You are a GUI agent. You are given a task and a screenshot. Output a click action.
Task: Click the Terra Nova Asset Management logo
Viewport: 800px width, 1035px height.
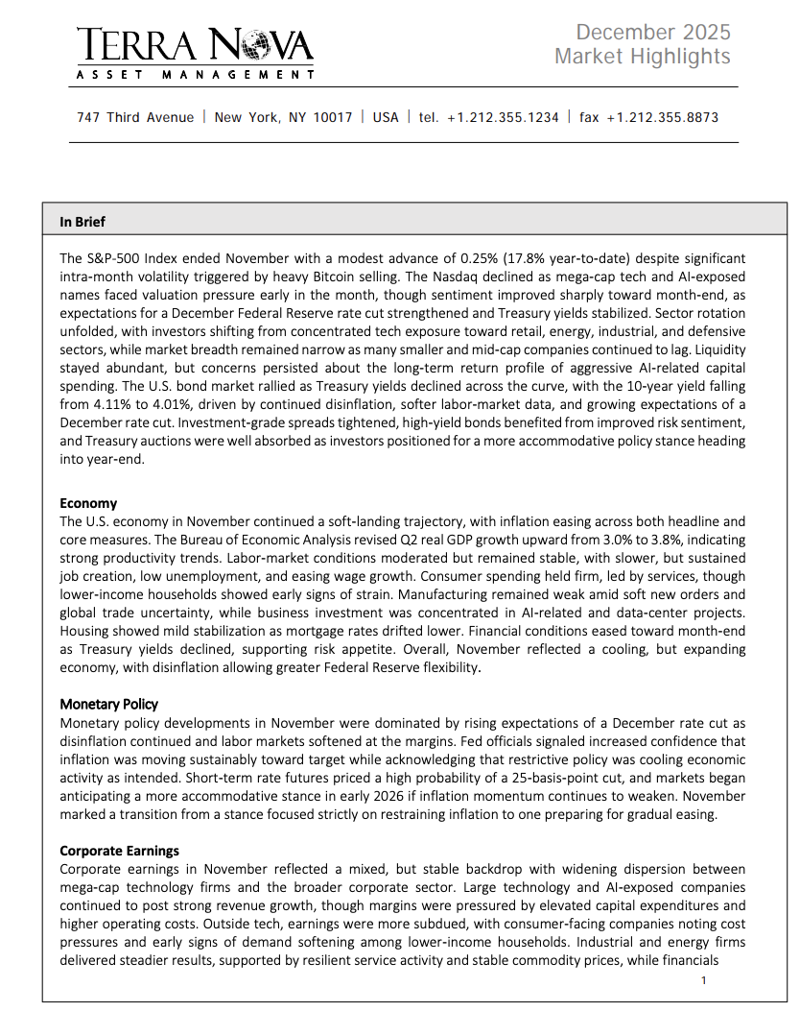click(x=195, y=53)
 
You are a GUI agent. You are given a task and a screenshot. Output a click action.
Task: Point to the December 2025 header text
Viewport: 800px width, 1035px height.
click(x=653, y=33)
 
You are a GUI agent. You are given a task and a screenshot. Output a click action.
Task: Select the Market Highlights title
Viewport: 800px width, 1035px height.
click(x=642, y=57)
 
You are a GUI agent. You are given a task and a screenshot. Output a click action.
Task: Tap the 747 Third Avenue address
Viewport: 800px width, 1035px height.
click(x=134, y=117)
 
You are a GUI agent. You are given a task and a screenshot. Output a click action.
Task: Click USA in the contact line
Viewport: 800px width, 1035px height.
click(x=386, y=117)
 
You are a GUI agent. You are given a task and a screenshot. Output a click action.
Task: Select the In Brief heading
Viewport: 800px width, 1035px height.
click(x=82, y=222)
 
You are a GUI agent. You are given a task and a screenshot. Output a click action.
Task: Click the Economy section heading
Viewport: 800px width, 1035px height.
click(x=88, y=503)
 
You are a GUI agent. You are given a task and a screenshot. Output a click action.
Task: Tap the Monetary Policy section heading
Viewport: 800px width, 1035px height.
click(x=109, y=704)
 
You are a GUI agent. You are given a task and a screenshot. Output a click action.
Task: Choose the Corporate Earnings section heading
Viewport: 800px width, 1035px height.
click(x=119, y=851)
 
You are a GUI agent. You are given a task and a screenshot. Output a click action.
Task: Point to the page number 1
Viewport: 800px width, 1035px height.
click(x=703, y=980)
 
